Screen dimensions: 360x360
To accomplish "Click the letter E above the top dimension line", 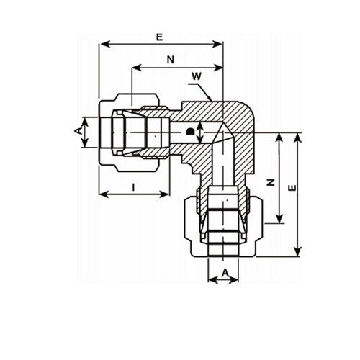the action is (160, 37).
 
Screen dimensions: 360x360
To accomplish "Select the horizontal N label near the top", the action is (171, 60).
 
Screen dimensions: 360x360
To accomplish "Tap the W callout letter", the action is (197, 76).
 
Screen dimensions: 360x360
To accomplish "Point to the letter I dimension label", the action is (134, 187).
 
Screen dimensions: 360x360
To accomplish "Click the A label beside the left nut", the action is (78, 131).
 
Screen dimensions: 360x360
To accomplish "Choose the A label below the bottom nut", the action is (225, 273).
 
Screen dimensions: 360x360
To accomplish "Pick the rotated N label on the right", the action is (271, 182).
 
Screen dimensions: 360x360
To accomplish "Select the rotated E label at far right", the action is (292, 188).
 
